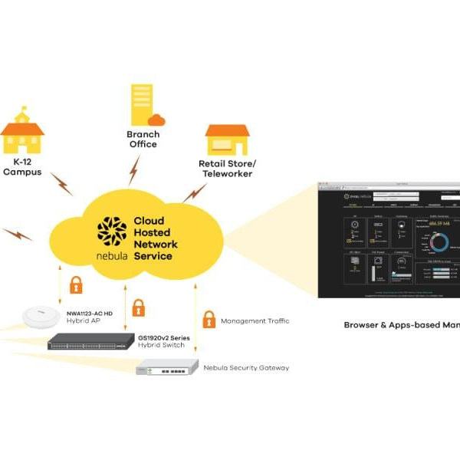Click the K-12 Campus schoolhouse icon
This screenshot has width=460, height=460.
coord(22,135)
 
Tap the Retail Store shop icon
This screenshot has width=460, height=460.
coord(227,140)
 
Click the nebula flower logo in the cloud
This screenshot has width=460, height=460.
coord(112,231)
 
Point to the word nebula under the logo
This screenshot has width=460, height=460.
coord(112,255)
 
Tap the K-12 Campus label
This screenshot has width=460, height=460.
coord(22,167)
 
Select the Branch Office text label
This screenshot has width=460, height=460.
coord(143,139)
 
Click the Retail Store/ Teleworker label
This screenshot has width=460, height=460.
coord(227,169)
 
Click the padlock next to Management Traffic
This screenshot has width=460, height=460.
coord(208,319)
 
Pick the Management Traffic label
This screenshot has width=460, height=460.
coord(255,321)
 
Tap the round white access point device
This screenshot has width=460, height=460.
coord(41,315)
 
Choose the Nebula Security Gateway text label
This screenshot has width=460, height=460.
coord(246,368)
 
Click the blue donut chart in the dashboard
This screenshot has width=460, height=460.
coord(440,243)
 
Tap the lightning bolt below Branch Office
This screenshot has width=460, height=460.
coord(135,169)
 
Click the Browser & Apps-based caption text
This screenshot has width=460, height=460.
coord(401,324)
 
